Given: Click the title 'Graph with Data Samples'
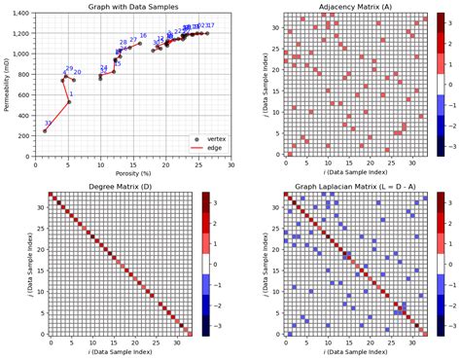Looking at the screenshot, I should pos(132,8).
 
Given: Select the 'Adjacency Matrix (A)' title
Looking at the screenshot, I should pos(353,8).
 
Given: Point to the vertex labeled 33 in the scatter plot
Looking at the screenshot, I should pos(44,131).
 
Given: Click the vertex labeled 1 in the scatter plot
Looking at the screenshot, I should pos(69,102).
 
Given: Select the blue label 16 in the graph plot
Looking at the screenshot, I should pos(143,36).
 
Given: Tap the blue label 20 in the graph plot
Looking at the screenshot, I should pos(77,73).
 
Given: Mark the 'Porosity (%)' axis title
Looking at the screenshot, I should pos(132,172).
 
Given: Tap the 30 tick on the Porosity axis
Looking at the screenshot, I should pos(231,164).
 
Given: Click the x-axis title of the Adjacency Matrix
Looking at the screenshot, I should pos(353,172).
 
